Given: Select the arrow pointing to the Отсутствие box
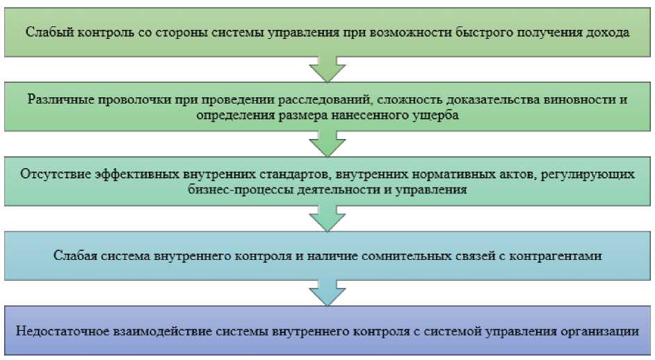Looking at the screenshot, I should (327, 145).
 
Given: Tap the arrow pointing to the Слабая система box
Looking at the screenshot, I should (327, 220).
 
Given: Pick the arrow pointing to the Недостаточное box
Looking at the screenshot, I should (327, 293).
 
